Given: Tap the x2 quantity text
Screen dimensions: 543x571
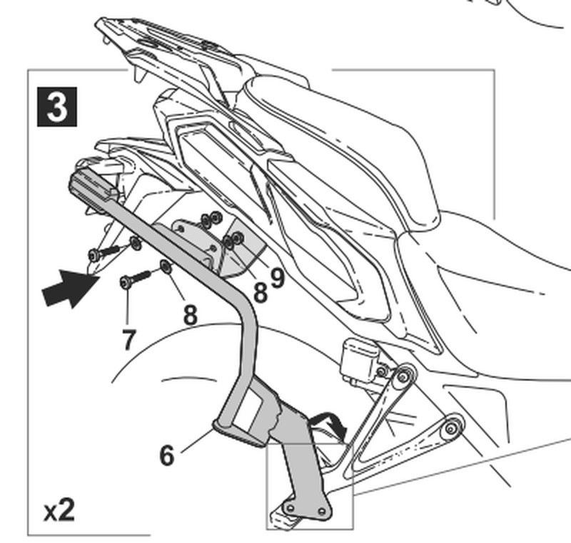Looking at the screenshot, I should point(59,510).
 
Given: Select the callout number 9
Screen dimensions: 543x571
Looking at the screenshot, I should point(277,277).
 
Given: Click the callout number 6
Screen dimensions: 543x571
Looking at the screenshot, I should point(166,455).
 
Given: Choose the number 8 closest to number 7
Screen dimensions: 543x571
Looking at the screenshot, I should point(190,314).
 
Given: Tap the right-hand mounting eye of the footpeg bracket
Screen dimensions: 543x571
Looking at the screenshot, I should point(451,429).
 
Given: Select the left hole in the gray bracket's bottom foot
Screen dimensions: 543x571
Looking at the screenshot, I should point(290,507).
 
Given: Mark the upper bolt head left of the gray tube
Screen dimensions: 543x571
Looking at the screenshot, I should point(94,254).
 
